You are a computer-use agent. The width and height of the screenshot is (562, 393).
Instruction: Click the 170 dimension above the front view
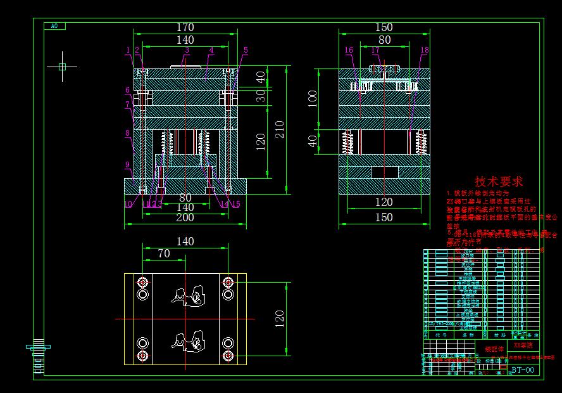click(x=185, y=27)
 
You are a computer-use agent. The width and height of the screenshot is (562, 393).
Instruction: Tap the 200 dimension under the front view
click(x=185, y=217)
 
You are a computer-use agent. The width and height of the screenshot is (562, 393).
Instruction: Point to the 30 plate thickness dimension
click(x=261, y=95)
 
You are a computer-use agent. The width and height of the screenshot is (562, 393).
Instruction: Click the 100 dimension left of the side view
click(x=311, y=98)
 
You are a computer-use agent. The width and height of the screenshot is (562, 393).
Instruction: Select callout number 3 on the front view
click(x=187, y=50)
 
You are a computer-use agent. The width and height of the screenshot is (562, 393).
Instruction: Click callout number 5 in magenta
click(x=246, y=50)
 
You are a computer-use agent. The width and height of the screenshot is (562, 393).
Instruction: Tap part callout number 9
click(x=127, y=165)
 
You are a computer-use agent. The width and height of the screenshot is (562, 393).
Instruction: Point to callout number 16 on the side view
click(x=349, y=50)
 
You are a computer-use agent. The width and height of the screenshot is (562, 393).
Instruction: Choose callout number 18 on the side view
click(x=424, y=50)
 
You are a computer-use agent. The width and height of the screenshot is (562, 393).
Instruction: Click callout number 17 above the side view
click(x=375, y=50)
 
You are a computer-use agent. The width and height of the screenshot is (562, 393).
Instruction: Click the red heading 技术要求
click(x=499, y=182)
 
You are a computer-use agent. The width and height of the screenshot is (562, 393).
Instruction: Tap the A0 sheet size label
click(x=54, y=26)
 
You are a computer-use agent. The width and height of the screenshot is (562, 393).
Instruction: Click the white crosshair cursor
click(x=62, y=66)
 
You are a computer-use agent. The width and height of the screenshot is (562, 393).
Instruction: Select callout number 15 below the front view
click(x=236, y=204)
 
